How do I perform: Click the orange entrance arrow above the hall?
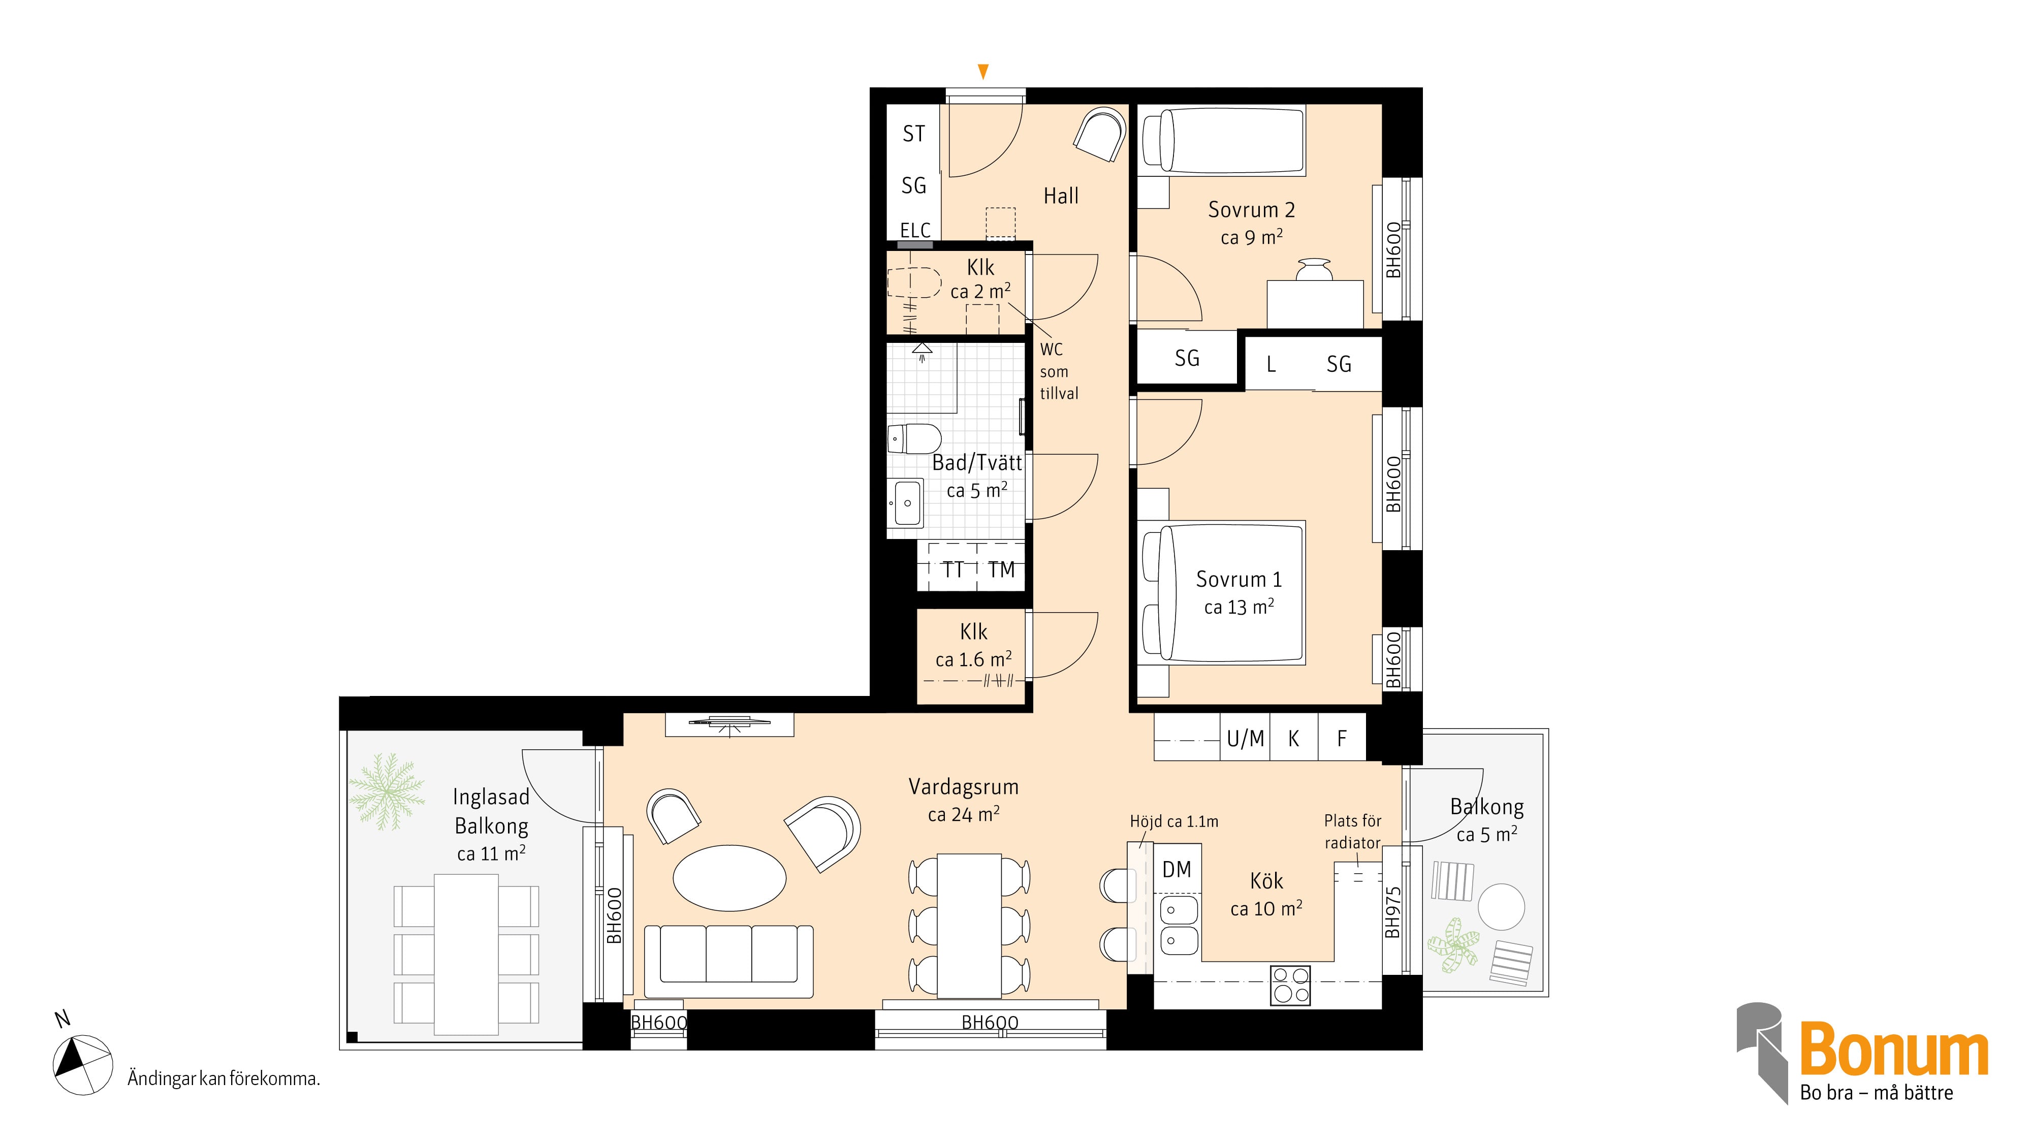pos(983,72)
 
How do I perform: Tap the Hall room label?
pos(1061,196)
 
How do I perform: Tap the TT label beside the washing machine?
pos(954,569)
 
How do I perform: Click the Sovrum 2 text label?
pos(1252,210)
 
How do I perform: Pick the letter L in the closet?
pos(1271,364)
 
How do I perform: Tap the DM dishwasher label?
pos(1177,869)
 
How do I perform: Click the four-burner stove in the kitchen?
pos(1290,985)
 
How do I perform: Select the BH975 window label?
pos(1393,913)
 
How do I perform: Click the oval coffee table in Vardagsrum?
pos(729,878)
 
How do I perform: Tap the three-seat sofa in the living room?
pos(729,961)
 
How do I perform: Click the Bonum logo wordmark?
pos(1893,1049)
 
